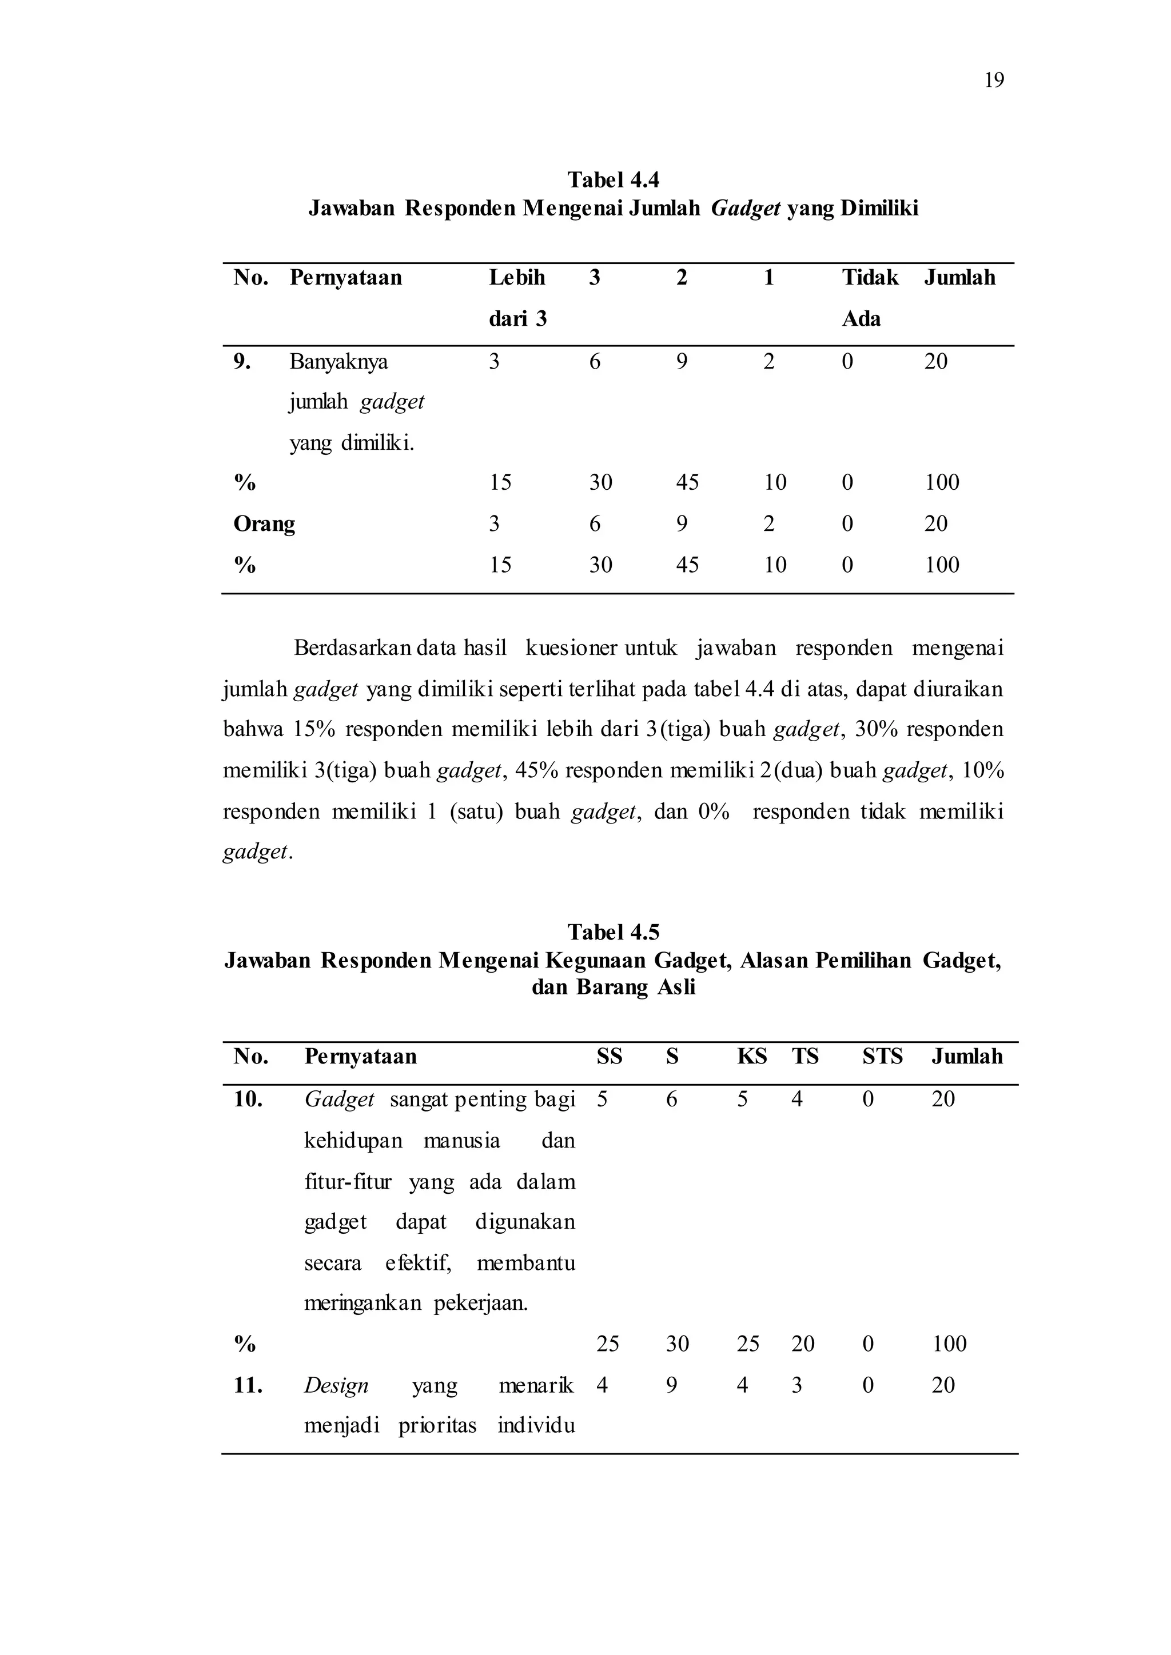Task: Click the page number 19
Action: [x=994, y=80]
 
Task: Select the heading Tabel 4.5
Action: [x=613, y=932]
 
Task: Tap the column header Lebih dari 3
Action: [x=517, y=298]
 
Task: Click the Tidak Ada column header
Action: [x=870, y=298]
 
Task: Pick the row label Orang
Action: [x=264, y=523]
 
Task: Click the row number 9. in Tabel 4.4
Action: [x=242, y=361]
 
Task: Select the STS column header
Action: [x=883, y=1057]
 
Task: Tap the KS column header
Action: [x=751, y=1057]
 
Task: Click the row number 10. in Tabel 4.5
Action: [x=248, y=1100]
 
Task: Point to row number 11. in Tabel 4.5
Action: [x=248, y=1385]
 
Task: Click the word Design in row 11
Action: [x=336, y=1385]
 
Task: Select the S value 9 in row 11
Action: [x=671, y=1385]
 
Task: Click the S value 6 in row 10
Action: [x=671, y=1100]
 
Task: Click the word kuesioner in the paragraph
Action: [x=571, y=648]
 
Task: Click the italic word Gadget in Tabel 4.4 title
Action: [x=746, y=209]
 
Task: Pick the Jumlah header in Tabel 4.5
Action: [x=967, y=1057]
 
